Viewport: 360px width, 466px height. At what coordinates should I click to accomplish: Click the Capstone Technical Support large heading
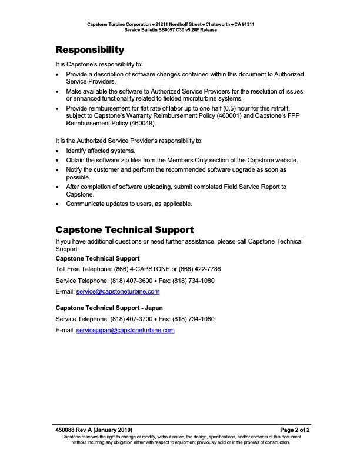click(x=124, y=229)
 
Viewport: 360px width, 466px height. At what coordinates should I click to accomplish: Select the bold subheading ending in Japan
click(x=109, y=308)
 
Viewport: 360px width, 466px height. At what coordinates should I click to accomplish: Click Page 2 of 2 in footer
click(x=295, y=430)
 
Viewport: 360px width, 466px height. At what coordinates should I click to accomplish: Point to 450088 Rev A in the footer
click(x=75, y=430)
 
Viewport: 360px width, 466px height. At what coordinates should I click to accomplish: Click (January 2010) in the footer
click(x=114, y=430)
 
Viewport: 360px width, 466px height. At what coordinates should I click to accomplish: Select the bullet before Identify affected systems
click(x=57, y=151)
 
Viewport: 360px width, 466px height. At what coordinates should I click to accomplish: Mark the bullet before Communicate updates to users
click(x=57, y=204)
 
